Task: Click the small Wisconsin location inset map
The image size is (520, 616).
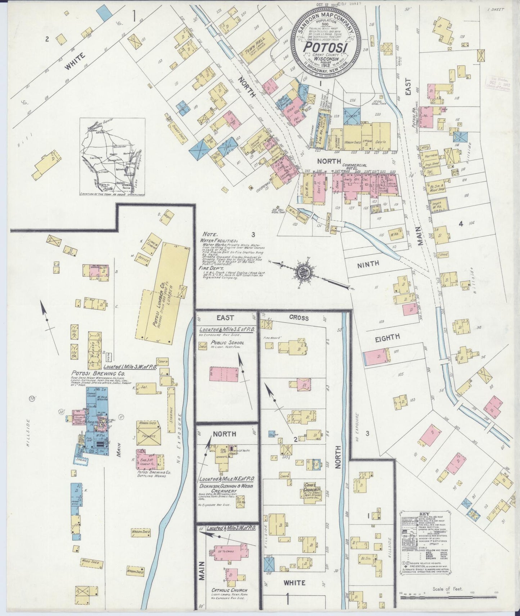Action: click(112, 157)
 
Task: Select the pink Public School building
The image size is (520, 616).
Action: click(224, 374)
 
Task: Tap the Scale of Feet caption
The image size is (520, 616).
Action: click(448, 589)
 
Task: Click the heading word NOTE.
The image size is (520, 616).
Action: click(210, 233)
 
